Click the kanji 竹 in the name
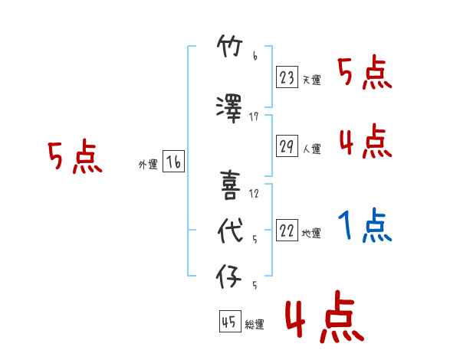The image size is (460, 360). [230, 46]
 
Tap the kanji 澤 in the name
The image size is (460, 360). [229, 109]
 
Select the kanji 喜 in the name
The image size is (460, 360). [230, 185]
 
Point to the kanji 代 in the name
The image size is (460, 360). [230, 231]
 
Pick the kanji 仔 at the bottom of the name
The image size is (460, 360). [228, 277]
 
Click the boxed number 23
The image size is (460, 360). [287, 77]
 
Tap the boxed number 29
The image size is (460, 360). [287, 146]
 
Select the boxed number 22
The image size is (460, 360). [287, 230]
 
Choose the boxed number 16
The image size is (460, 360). [173, 162]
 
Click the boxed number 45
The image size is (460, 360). [230, 322]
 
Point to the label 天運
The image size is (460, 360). [311, 80]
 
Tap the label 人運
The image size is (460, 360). [311, 149]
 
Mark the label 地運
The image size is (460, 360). [311, 234]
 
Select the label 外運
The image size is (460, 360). [148, 165]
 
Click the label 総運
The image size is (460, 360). [255, 325]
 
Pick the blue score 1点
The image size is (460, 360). [365, 225]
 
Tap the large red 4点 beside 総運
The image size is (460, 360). [325, 316]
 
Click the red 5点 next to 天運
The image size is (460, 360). [365, 71]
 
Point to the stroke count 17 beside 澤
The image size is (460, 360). [254, 117]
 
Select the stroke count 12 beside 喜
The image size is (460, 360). [254, 194]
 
